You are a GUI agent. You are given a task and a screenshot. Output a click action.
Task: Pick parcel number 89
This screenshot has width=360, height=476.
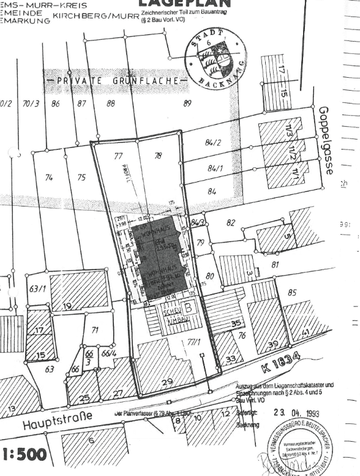click(188, 103)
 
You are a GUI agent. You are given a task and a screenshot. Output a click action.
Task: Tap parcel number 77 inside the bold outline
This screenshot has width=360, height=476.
click(119, 156)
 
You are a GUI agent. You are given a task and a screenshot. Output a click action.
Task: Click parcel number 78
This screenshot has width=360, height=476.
click(158, 156)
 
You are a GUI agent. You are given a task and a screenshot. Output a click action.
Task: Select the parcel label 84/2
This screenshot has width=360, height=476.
click(213, 143)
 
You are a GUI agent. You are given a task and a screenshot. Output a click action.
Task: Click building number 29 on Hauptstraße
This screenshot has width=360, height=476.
click(167, 382)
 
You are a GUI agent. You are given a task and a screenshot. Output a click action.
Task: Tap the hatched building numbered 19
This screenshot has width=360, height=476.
click(67, 306)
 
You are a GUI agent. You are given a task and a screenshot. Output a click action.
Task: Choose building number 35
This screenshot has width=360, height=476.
click(236, 323)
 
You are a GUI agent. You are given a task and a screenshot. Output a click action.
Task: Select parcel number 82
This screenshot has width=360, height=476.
click(230, 223)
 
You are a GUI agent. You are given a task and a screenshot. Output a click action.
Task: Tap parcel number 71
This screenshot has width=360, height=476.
click(95, 330)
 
